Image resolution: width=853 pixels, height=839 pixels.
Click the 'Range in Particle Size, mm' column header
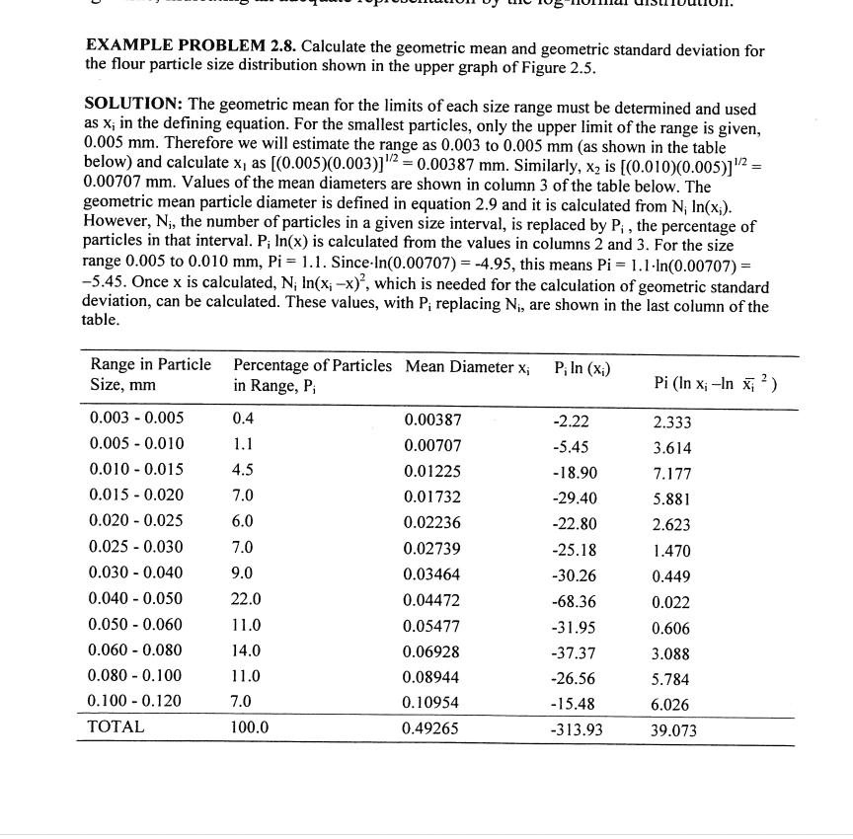pyautogui.click(x=149, y=375)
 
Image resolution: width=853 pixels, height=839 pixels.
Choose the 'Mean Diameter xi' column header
pyautogui.click(x=467, y=367)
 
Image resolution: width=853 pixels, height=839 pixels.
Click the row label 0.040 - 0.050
pyautogui.click(x=136, y=598)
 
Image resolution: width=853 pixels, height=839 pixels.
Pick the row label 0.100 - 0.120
pyautogui.click(x=136, y=701)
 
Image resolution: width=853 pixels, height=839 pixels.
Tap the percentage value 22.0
pyautogui.click(x=247, y=598)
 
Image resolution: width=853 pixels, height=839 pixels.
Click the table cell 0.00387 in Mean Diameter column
pyautogui.click(x=432, y=419)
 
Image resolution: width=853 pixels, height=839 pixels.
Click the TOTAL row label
pyautogui.click(x=116, y=726)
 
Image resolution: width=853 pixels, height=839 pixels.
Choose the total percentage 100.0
pyautogui.click(x=251, y=727)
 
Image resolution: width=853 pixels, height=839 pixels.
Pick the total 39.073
pyautogui.click(x=673, y=731)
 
